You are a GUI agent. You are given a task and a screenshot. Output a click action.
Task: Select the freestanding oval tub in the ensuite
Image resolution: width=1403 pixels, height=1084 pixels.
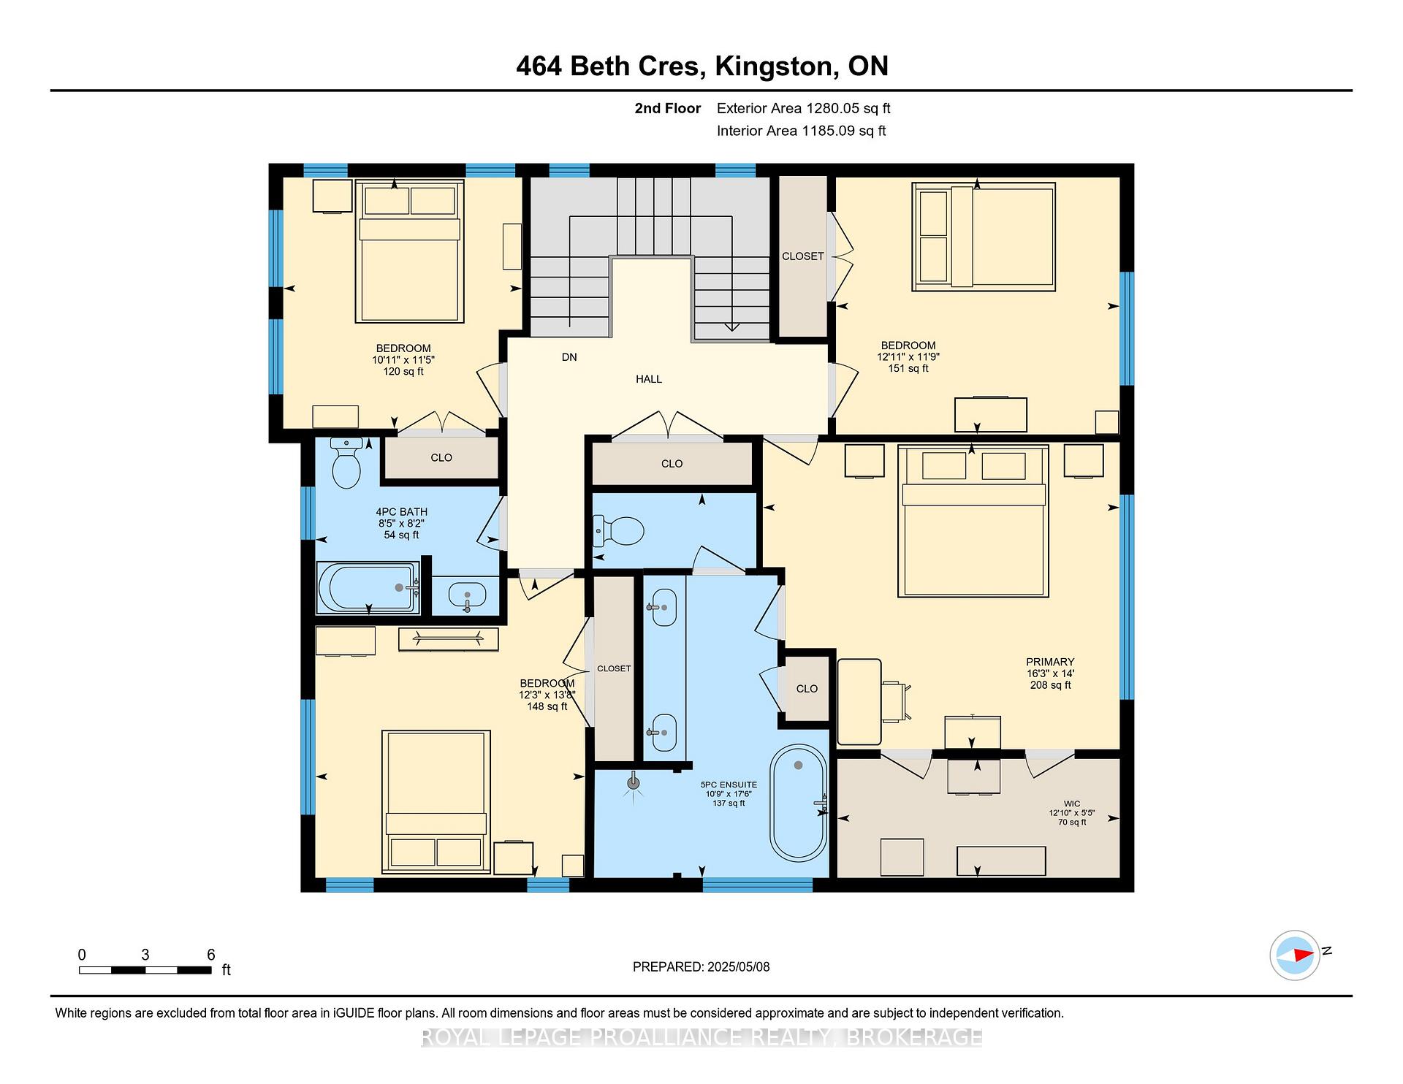coord(798,802)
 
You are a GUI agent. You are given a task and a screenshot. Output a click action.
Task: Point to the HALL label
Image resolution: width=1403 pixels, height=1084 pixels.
coord(649,379)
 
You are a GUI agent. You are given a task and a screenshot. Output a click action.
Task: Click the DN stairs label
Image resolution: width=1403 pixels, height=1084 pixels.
coord(569,357)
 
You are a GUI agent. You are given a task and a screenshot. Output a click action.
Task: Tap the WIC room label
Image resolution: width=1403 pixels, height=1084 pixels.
coord(1072,804)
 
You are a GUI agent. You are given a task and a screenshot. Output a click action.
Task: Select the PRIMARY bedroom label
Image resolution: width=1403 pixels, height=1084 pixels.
coord(1050,662)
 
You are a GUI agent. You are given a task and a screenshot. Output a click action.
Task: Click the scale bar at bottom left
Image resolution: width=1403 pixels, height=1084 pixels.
coord(145,970)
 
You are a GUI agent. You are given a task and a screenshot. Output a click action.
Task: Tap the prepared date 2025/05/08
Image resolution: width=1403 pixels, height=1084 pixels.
coord(738,966)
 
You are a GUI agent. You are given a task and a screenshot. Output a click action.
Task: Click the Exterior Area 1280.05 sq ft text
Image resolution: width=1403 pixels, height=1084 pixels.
coord(803,109)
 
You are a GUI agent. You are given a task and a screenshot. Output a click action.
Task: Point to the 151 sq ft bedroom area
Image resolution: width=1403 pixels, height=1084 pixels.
coord(908,369)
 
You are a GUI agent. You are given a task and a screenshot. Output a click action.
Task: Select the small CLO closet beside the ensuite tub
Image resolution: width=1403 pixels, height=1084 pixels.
coord(807,688)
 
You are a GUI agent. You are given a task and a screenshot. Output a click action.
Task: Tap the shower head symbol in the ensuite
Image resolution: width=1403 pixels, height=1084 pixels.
coord(634,784)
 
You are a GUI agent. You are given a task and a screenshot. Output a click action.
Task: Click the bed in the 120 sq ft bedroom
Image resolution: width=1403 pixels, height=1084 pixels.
coord(410,251)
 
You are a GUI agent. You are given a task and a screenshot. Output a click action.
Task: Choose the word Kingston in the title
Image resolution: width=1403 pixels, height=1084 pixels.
coord(776,66)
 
